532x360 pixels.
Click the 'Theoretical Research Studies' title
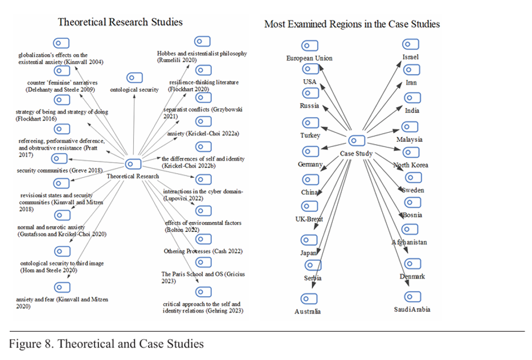coord(120,22)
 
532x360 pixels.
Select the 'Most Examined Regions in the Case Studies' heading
coord(352,24)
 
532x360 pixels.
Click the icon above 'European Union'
coord(309,45)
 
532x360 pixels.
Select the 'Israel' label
coord(410,57)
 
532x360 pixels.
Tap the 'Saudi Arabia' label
coord(412,309)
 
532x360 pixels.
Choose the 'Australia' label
coord(308,312)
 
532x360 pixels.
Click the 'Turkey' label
coord(310,136)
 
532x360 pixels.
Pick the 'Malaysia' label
coord(410,140)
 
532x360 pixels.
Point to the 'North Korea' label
coord(411,165)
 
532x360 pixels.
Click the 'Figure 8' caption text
coord(106,344)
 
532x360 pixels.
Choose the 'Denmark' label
coord(412,277)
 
